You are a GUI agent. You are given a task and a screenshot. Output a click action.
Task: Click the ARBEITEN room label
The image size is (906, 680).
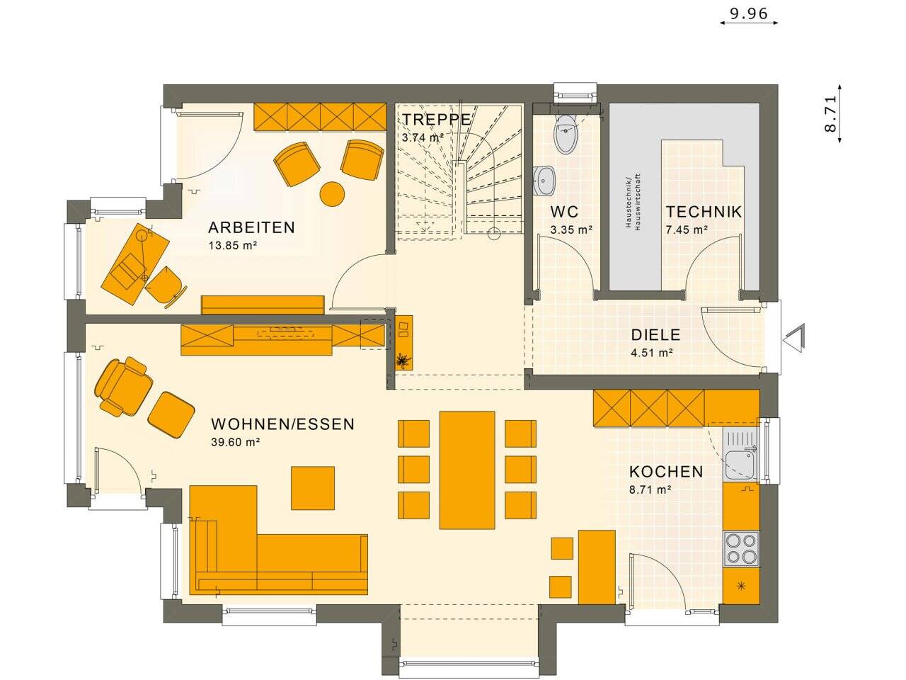[251, 228]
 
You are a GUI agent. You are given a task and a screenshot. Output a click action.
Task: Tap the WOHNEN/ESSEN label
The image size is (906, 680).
[283, 424]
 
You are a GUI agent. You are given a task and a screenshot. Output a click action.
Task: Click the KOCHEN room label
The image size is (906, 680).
[666, 472]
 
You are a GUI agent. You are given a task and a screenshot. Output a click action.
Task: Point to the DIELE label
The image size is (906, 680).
[655, 335]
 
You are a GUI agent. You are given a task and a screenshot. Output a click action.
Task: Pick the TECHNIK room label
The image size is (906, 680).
[704, 212]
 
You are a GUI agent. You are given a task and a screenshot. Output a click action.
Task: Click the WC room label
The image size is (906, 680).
[564, 212]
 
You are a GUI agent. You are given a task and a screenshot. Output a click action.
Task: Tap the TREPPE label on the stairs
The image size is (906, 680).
[436, 119]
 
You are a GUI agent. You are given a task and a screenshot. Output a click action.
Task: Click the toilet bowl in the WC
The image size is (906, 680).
[566, 137]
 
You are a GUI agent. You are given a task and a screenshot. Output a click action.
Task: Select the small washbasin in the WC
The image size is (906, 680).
[545, 180]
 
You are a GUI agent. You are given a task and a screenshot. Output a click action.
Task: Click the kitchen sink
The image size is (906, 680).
[740, 463]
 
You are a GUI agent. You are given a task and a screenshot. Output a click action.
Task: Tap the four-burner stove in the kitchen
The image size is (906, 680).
[741, 548]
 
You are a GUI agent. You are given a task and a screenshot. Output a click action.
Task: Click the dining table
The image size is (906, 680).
[467, 470]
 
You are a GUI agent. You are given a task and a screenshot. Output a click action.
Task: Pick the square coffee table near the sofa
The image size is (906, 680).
[313, 487]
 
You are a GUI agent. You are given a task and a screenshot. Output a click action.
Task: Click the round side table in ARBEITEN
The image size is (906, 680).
[332, 193]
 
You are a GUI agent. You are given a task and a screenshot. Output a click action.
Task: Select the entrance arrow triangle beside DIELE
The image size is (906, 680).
[796, 338]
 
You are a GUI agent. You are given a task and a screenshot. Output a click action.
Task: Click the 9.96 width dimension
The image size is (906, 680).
[748, 13]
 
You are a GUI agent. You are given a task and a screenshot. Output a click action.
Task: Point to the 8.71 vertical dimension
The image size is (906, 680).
[830, 114]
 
